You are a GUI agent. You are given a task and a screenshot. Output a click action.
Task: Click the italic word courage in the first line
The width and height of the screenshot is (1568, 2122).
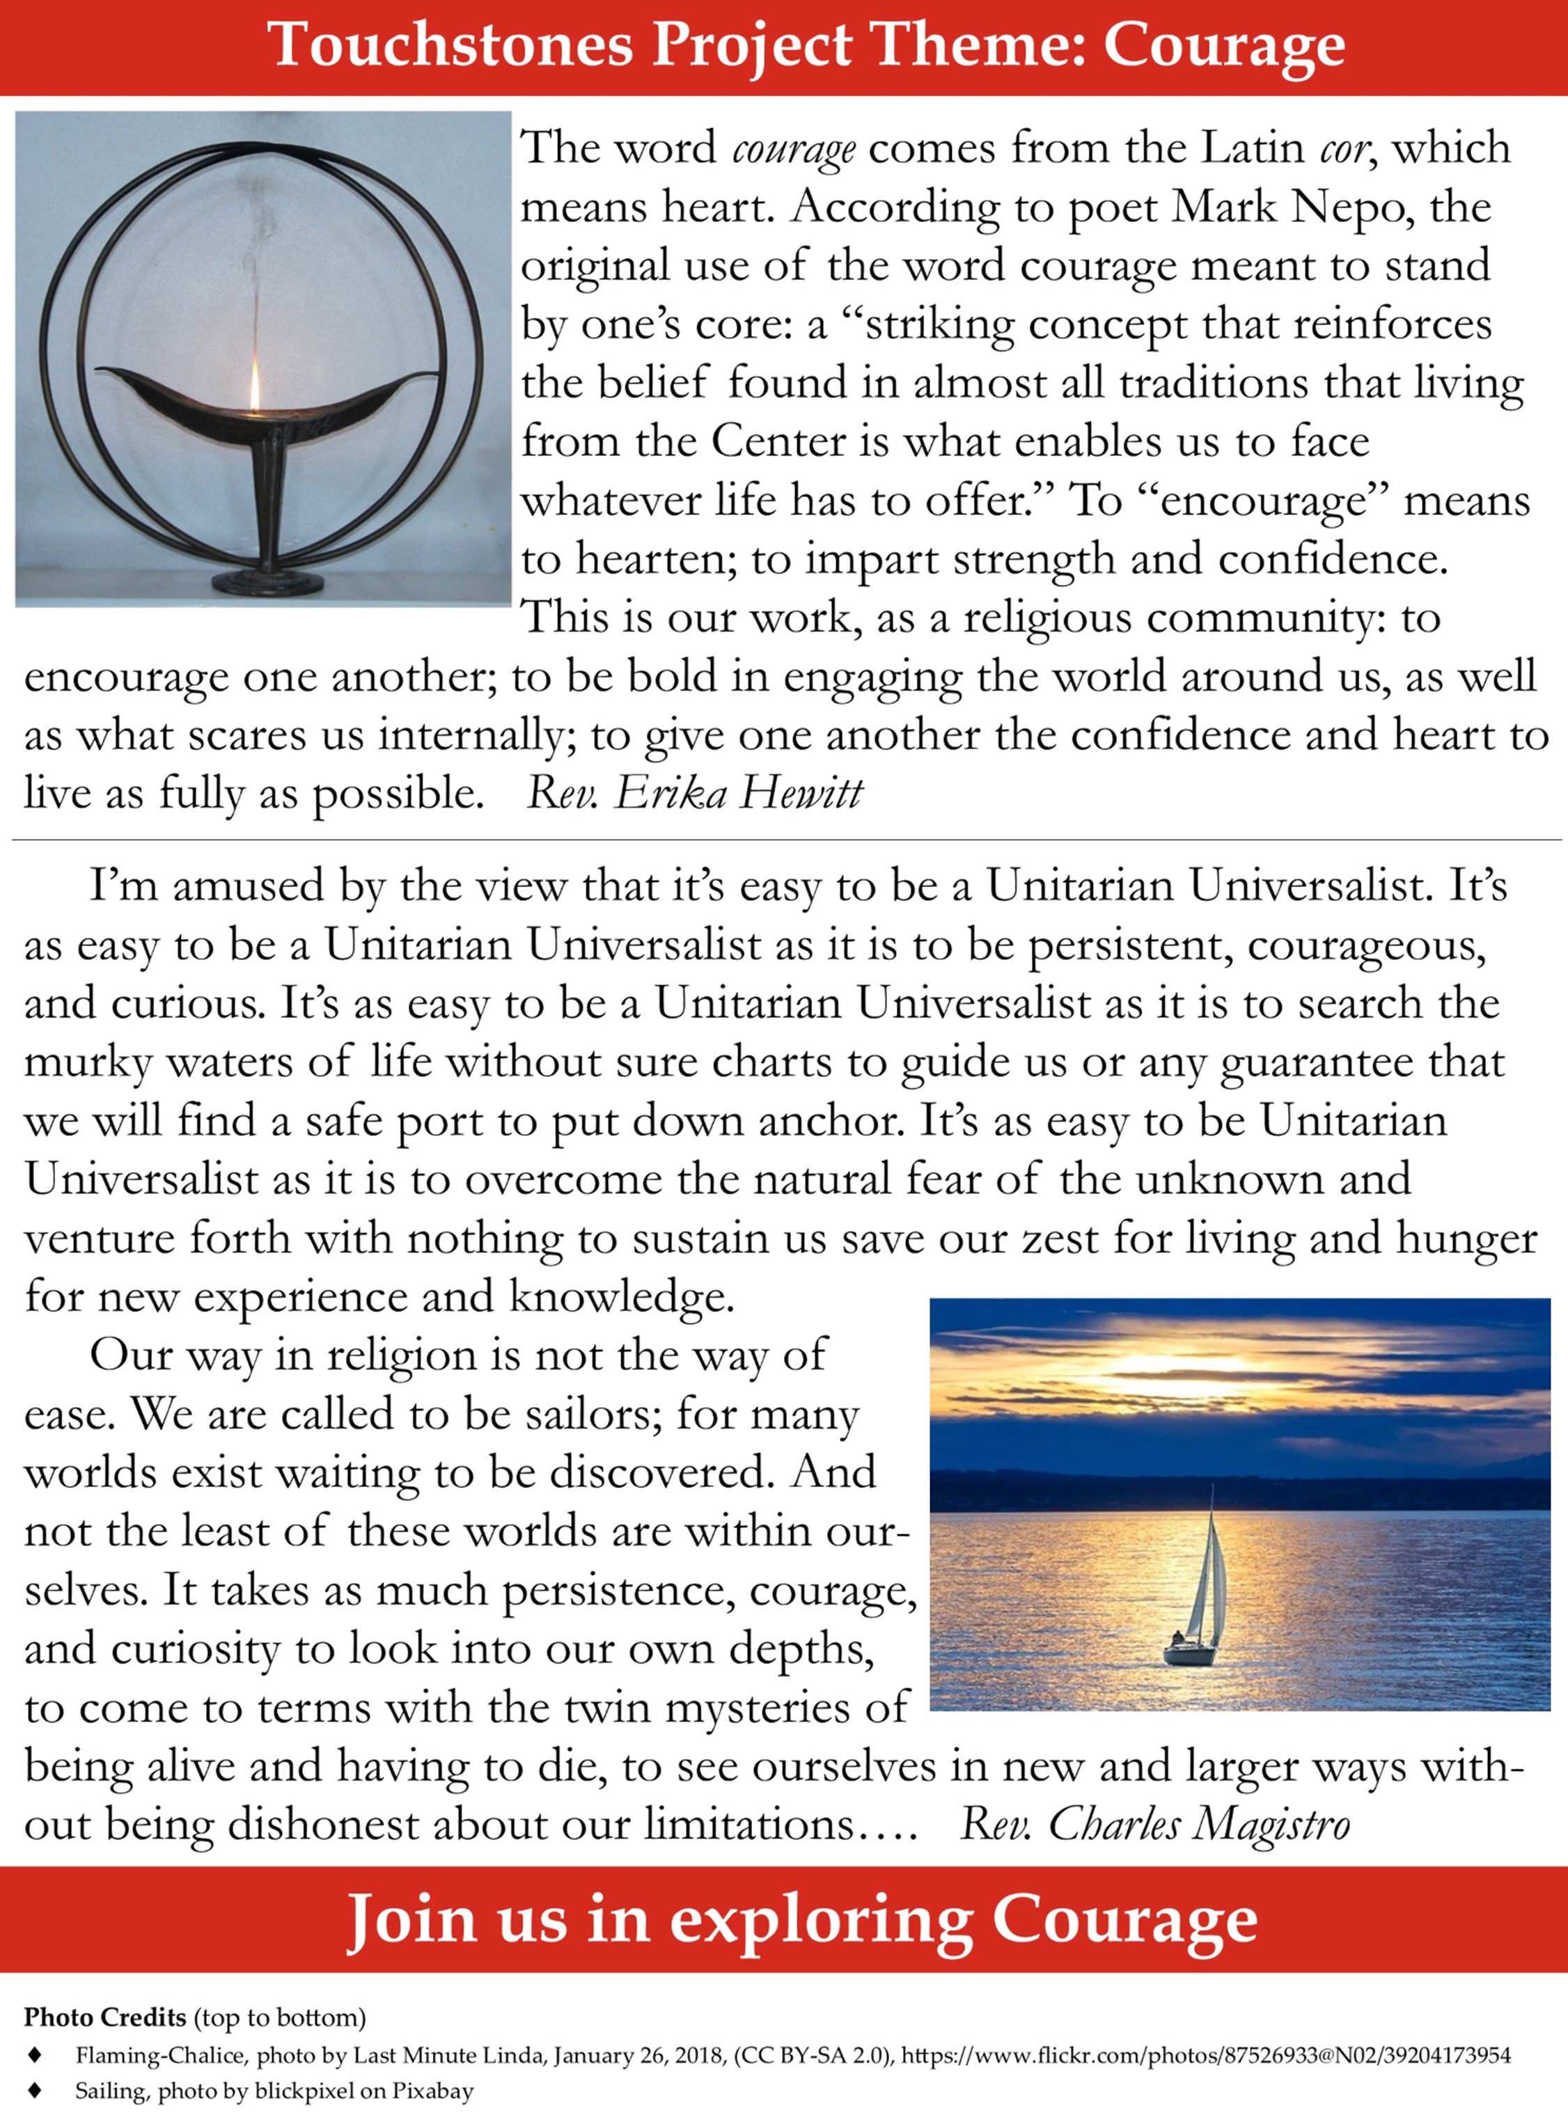[794, 149]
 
